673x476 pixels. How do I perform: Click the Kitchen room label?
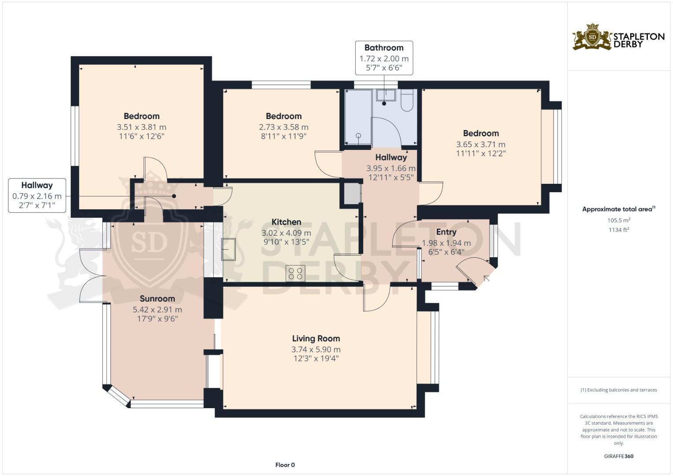point(286,222)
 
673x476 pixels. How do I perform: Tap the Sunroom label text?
point(157,298)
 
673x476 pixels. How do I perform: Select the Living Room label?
point(316,338)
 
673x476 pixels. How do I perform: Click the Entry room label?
point(446,232)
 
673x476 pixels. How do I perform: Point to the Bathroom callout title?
point(384,48)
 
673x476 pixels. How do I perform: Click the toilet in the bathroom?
point(407,100)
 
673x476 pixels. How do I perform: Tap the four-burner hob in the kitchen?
point(295,273)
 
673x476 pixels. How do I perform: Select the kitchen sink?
point(228,249)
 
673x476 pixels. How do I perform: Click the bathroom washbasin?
point(386,96)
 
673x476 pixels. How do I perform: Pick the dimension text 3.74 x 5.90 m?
point(316,349)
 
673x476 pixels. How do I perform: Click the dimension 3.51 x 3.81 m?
point(141,127)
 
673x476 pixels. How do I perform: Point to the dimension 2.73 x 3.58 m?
point(284,127)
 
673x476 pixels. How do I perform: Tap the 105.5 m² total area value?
point(619,220)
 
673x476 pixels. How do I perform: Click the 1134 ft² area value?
point(619,230)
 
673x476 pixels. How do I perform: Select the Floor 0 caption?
point(285,465)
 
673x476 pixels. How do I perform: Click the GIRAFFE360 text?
point(619,456)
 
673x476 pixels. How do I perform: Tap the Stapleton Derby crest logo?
point(592,37)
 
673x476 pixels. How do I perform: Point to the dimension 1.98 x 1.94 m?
point(446,243)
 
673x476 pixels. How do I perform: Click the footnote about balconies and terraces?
point(619,390)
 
